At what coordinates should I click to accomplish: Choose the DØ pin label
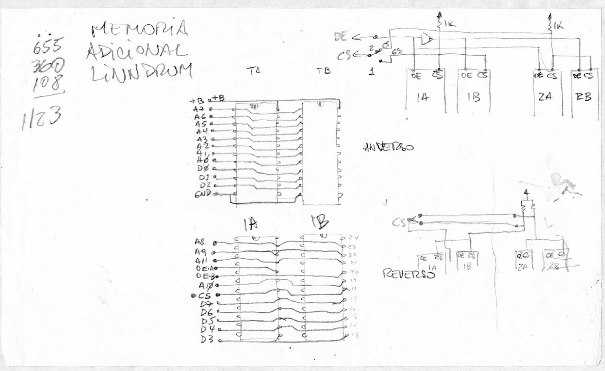point(203,168)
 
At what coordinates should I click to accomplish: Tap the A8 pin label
point(200,241)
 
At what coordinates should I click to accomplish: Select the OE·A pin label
point(204,267)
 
